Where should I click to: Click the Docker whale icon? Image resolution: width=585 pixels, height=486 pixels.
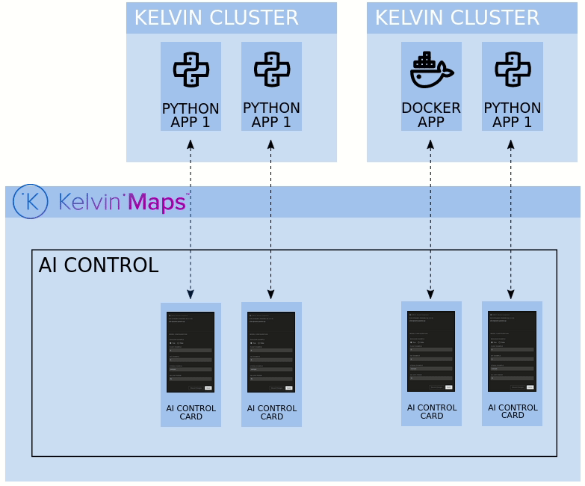(431, 70)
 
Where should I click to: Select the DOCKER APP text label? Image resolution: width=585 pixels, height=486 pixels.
(431, 114)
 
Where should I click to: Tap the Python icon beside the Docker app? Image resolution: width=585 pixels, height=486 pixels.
(513, 69)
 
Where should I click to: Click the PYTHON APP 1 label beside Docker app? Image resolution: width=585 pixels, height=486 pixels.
(513, 114)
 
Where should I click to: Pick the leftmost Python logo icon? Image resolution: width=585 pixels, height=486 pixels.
(191, 70)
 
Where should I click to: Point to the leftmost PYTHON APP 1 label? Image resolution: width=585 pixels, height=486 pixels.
(191, 115)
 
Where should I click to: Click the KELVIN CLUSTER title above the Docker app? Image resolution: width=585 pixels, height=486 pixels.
(456, 18)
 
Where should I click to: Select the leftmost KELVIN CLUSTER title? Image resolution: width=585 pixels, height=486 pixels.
(216, 18)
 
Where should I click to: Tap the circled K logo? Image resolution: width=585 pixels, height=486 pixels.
(31, 201)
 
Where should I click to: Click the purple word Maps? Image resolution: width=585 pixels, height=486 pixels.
(158, 202)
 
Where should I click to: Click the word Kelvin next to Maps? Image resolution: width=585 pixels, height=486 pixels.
(91, 202)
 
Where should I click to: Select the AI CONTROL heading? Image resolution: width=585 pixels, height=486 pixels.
(98, 265)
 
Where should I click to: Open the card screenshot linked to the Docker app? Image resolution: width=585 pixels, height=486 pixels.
(431, 351)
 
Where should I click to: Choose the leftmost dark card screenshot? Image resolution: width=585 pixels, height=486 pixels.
(191, 352)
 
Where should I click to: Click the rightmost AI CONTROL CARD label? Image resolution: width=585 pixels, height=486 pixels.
(513, 411)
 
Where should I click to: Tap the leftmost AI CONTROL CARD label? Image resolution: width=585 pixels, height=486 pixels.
(191, 413)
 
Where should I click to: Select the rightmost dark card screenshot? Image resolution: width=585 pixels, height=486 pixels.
(512, 351)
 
